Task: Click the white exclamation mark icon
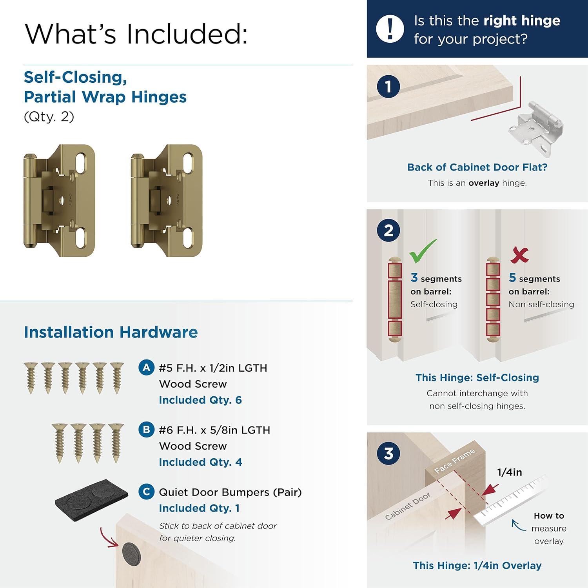point(390,29)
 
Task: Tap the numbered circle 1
point(388,87)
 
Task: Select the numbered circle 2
point(388,230)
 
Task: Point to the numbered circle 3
point(388,454)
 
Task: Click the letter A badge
point(146,368)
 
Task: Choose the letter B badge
point(146,430)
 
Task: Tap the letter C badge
point(146,492)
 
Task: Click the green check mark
point(423,251)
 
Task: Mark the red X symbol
point(519,255)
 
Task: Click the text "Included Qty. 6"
point(200,400)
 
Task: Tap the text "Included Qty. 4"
point(200,462)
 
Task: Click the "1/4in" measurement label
point(509,472)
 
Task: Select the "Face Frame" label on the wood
point(455,461)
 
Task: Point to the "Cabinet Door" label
point(408,506)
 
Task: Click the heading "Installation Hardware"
point(111,332)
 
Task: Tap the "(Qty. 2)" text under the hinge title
point(49,117)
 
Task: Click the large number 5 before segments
point(512,278)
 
